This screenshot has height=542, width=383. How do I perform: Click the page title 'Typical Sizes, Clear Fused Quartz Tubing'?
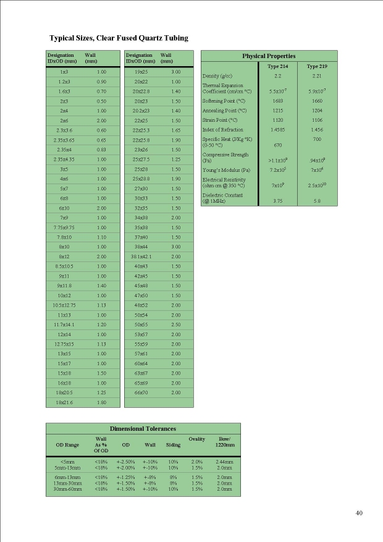click(119, 38)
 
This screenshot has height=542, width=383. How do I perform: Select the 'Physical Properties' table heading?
click(268, 56)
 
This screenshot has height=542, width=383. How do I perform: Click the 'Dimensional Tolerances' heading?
click(143, 428)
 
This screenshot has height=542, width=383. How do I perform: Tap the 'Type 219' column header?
click(317, 66)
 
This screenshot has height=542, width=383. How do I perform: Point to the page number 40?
click(360, 512)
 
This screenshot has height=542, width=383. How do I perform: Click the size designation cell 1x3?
click(64, 72)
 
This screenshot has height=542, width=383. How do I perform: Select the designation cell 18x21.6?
click(64, 402)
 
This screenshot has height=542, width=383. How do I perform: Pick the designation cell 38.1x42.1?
click(141, 256)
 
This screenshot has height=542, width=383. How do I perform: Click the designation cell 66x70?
click(141, 392)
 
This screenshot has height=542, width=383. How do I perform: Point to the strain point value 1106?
click(317, 120)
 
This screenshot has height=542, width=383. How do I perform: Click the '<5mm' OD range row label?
click(68, 461)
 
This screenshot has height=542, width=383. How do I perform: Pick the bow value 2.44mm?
click(224, 461)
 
